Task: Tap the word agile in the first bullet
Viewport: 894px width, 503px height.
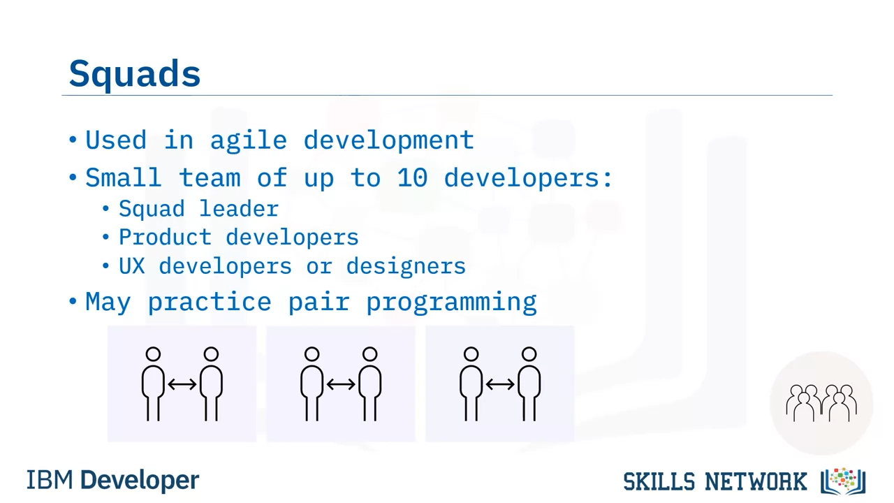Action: [x=248, y=142]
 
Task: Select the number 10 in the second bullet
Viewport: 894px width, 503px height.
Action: [x=412, y=178]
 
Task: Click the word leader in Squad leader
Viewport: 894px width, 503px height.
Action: [x=239, y=209]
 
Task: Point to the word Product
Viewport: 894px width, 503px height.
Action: [x=165, y=237]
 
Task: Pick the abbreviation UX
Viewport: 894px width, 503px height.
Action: [x=132, y=266]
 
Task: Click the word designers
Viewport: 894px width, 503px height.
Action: [x=406, y=266]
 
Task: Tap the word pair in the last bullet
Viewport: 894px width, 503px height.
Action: [x=319, y=302]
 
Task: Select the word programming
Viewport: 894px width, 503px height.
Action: [x=451, y=303]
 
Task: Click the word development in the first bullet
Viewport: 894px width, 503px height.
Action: [x=389, y=141]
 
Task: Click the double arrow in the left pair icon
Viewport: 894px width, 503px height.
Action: [x=182, y=384]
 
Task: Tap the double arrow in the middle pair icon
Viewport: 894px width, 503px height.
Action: [x=341, y=384]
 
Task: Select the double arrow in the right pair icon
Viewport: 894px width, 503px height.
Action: [x=500, y=384]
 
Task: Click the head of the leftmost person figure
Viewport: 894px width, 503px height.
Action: [x=153, y=354]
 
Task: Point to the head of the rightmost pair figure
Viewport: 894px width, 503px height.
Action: [x=529, y=354]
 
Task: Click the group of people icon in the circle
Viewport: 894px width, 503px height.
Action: [x=821, y=403]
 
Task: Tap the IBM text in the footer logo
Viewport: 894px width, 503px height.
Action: [x=50, y=480]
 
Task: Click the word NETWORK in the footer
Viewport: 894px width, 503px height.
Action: [x=756, y=482]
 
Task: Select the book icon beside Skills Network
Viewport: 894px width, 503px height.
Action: [x=843, y=481]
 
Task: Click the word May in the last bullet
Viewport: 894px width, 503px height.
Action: [x=108, y=302]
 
